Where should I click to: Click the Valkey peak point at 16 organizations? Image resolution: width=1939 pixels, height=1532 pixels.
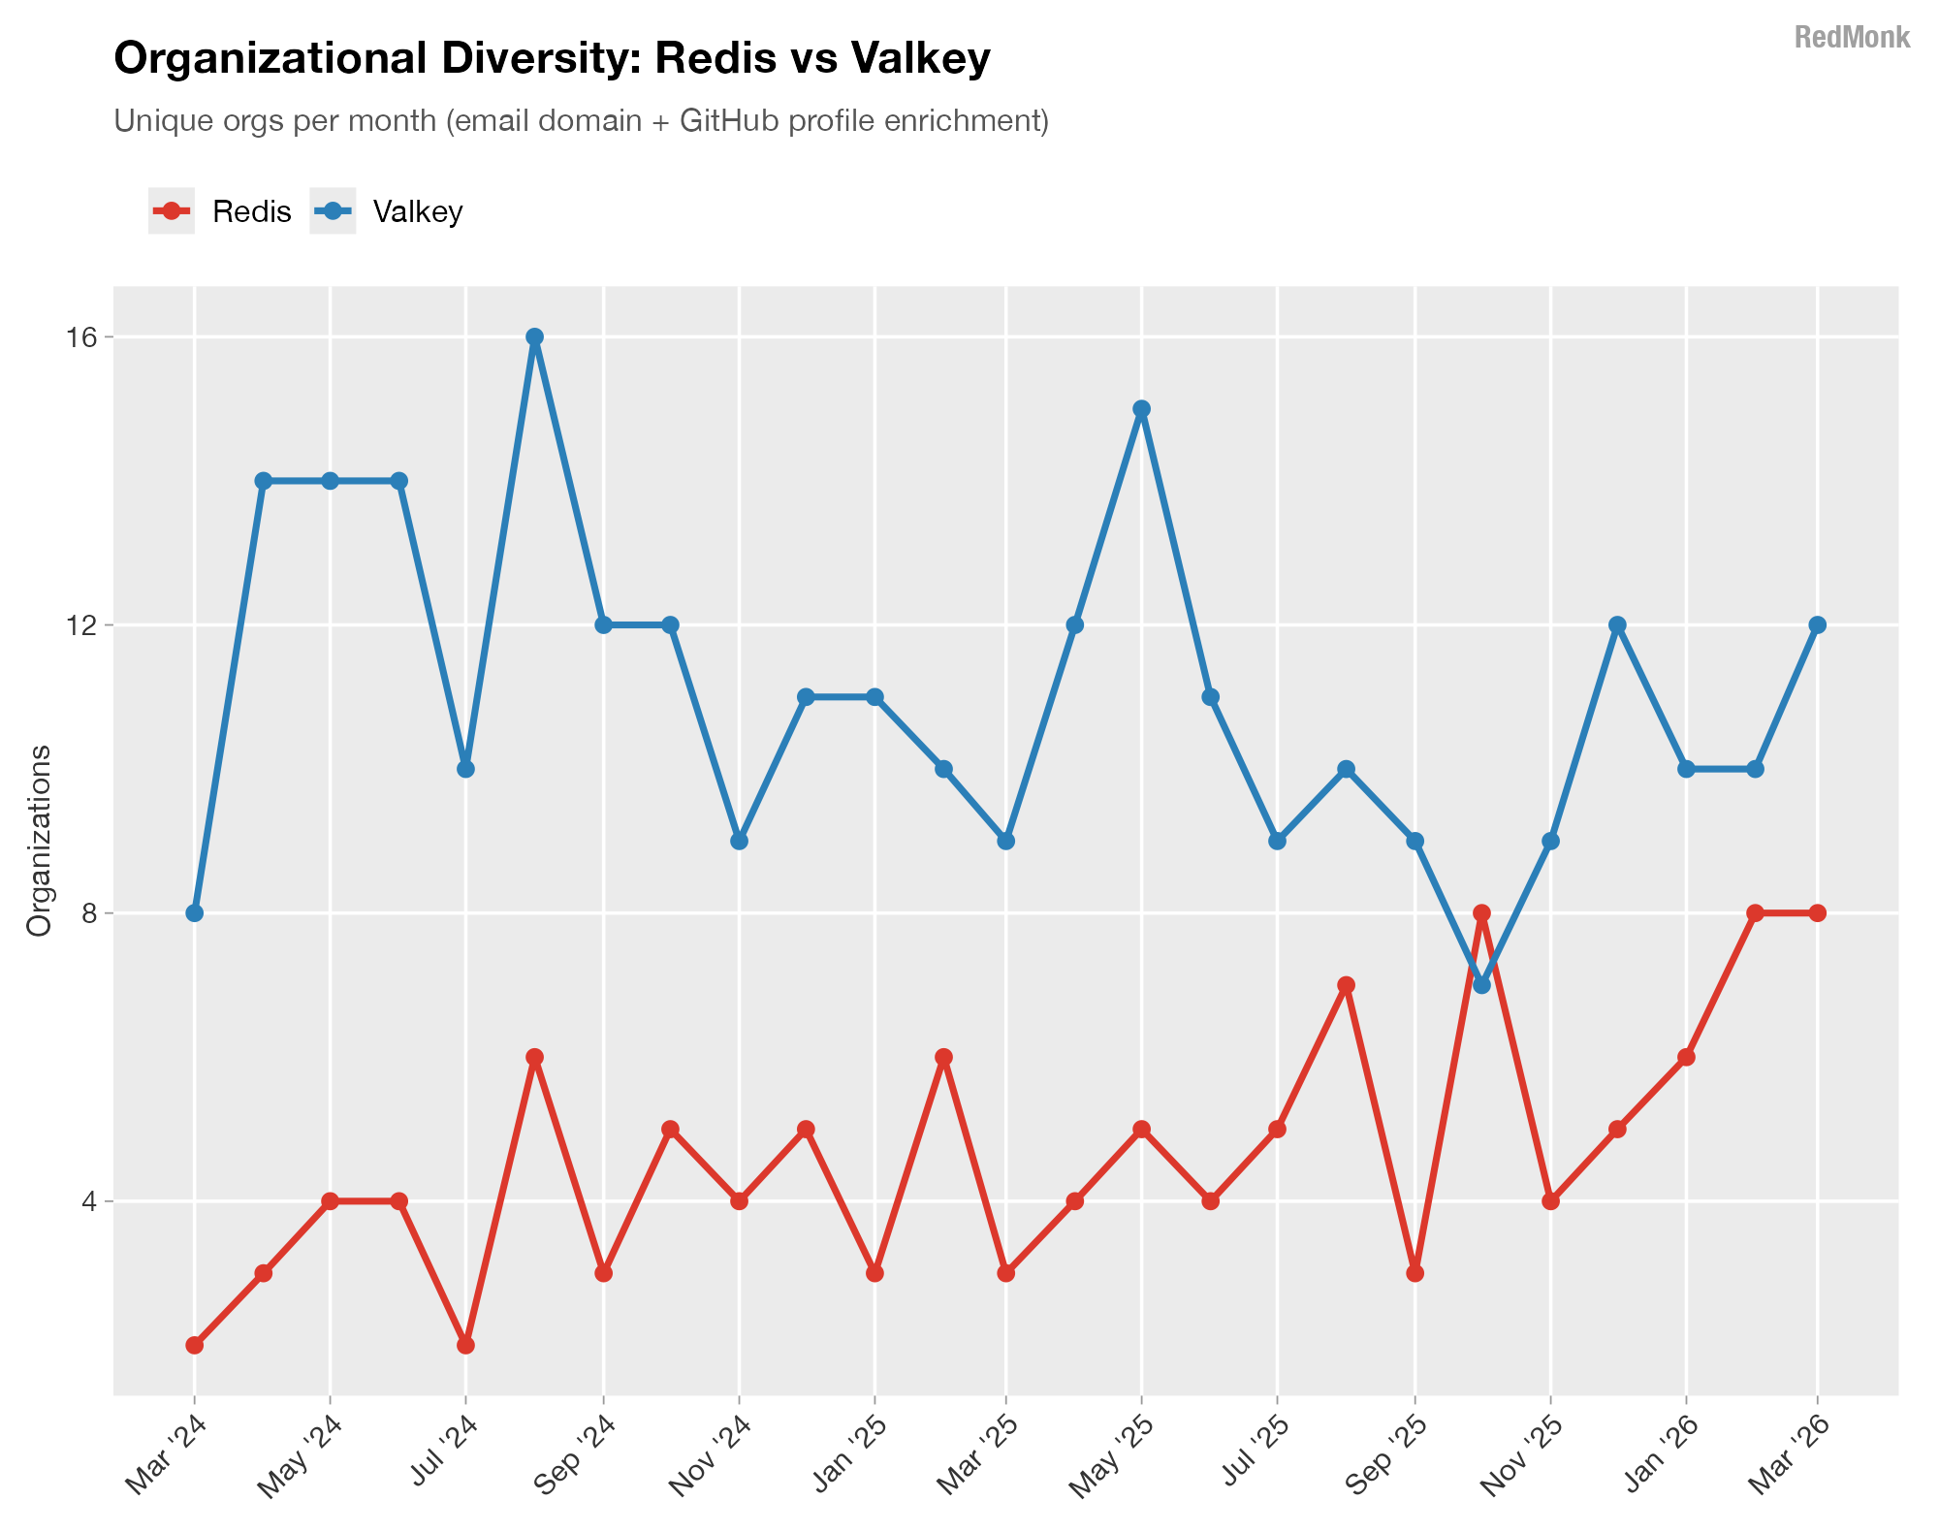[x=534, y=337]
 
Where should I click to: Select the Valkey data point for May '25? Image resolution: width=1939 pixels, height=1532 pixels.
[x=1141, y=409]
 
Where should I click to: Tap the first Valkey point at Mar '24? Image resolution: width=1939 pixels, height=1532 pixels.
[x=195, y=913]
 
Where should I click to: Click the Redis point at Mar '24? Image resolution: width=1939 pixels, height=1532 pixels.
[x=195, y=1345]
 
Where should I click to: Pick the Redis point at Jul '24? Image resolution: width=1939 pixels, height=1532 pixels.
[x=465, y=1345]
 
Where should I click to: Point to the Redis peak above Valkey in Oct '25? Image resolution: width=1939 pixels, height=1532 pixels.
[x=1481, y=913]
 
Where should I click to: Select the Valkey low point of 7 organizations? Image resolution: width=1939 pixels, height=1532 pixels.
[x=1481, y=985]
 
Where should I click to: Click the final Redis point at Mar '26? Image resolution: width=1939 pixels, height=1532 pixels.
[x=1817, y=913]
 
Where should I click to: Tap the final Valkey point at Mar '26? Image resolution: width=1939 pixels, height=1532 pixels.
[x=1817, y=625]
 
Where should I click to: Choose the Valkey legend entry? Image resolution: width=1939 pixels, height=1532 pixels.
[x=387, y=211]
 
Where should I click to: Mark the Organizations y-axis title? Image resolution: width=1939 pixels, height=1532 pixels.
[x=40, y=841]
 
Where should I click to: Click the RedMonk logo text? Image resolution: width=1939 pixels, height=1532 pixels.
[x=1852, y=38]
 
